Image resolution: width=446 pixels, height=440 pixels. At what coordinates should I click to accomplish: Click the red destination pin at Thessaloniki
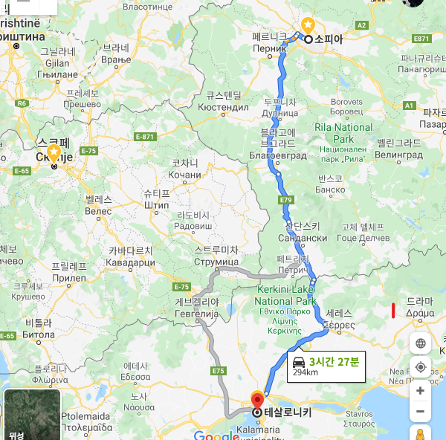[257, 399]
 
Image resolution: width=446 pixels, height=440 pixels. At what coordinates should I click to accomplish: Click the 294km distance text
[306, 372]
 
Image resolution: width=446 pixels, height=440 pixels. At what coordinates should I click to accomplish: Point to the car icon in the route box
[298, 362]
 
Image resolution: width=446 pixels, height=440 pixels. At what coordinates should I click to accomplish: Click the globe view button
[421, 343]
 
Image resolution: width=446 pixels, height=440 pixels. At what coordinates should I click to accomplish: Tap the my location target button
[421, 367]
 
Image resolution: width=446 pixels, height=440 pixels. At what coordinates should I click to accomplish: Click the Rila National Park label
[343, 133]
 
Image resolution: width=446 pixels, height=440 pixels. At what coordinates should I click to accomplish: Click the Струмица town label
[216, 262]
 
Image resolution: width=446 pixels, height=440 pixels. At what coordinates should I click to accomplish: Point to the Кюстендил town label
[223, 107]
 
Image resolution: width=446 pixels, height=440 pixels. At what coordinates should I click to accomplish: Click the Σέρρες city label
[338, 325]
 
